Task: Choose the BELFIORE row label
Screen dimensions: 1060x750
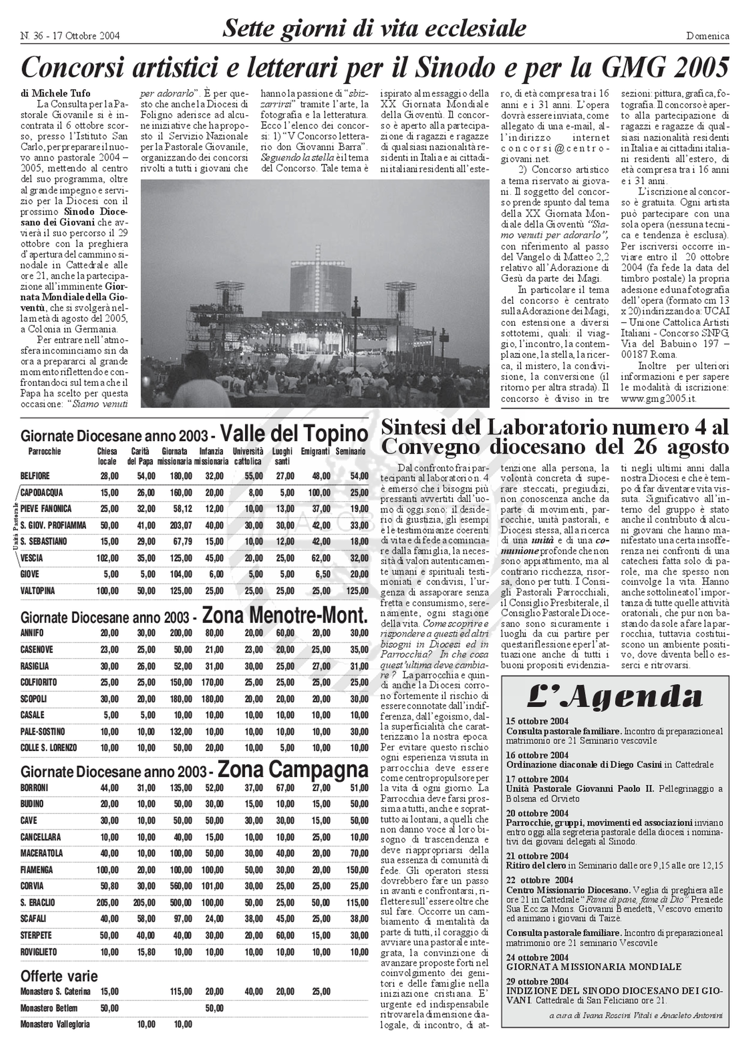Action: (x=35, y=476)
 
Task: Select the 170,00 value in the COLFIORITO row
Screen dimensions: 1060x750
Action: (x=212, y=682)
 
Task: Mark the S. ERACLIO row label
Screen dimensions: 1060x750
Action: (x=37, y=903)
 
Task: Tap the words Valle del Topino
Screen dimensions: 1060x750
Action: (x=294, y=434)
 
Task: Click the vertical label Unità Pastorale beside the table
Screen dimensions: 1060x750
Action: (x=15, y=525)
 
